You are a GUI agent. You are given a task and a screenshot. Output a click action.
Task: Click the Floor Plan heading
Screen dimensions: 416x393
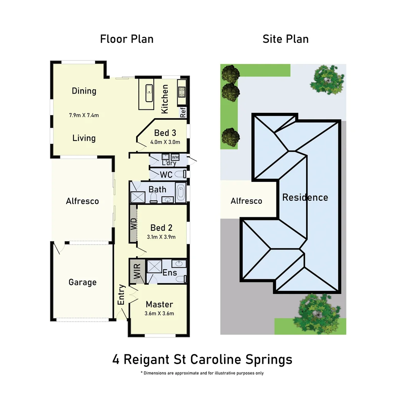pyautogui.click(x=127, y=39)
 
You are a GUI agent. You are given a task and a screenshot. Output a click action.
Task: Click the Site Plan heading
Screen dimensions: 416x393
pyautogui.click(x=285, y=39)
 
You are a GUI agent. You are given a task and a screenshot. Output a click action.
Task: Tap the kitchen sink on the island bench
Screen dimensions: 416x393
pyautogui.click(x=149, y=92)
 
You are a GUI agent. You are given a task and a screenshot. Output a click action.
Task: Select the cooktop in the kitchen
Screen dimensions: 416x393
pyautogui.click(x=182, y=92)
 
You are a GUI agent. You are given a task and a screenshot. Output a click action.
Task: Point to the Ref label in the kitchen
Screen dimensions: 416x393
pyautogui.click(x=183, y=112)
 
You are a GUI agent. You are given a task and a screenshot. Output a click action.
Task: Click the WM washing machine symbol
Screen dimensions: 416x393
pyautogui.click(x=175, y=157)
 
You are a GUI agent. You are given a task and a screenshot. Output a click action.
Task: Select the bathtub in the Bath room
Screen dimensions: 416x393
pyautogui.click(x=180, y=193)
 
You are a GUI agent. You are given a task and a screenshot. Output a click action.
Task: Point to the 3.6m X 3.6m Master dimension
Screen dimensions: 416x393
pyautogui.click(x=160, y=314)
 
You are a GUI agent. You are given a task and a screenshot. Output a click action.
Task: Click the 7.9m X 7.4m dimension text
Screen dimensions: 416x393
pyautogui.click(x=84, y=115)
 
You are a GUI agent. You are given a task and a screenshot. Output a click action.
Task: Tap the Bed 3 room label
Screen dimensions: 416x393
pyautogui.click(x=165, y=133)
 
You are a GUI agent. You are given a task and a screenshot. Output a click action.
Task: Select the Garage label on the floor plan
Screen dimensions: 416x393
pyautogui.click(x=82, y=282)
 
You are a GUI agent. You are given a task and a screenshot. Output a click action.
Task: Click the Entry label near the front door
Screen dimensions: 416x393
pyautogui.click(x=122, y=295)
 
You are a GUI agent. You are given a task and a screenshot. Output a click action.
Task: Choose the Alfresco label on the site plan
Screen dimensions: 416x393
pyautogui.click(x=246, y=201)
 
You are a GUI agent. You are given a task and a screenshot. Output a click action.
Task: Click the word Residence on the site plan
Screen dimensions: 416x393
pyautogui.click(x=305, y=198)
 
